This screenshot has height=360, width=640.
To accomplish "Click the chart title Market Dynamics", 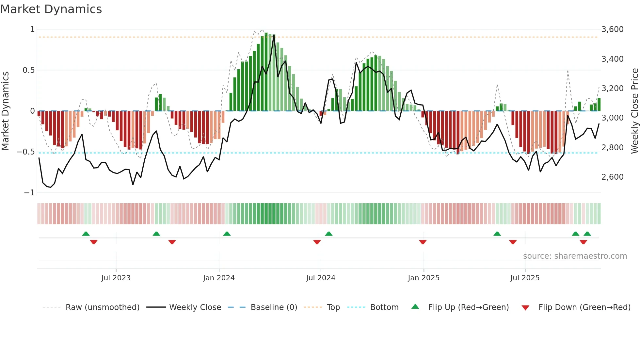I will coord(51,9).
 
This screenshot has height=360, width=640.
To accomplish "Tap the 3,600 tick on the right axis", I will coord(612,29).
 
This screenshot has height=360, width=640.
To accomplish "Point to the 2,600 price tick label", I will coord(612,177).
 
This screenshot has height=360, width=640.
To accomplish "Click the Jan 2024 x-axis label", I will coord(219,278).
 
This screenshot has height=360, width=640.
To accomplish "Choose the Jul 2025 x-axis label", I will coord(525,278).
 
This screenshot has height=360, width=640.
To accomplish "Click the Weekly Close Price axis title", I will coord(634,111).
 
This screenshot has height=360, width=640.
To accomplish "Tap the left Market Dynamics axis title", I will coord(5,111).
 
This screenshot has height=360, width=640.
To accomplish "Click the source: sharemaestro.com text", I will coord(575,256).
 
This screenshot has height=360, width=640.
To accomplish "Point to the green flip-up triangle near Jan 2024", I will coord(227,234).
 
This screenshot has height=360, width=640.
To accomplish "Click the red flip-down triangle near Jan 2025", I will coord(423,242).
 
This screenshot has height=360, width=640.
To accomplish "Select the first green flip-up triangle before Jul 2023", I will coord(86,234).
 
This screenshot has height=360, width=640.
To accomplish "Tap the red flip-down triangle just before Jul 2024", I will coord(317,242).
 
